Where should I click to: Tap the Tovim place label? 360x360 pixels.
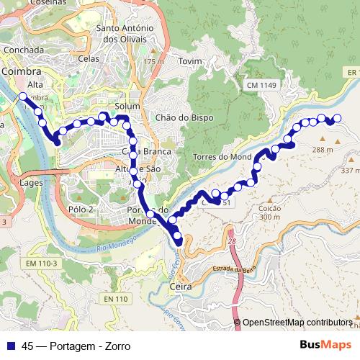point(189,61)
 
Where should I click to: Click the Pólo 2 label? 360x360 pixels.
point(81,210)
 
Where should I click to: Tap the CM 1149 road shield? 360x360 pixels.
point(263,86)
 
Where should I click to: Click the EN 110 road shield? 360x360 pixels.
point(115,299)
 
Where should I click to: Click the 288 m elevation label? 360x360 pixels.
point(322,150)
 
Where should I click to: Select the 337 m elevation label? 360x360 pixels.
point(350,171)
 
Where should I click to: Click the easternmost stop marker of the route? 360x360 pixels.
point(336,118)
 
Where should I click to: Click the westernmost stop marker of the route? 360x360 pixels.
point(23,96)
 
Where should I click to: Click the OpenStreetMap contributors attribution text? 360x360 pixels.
point(297,323)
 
